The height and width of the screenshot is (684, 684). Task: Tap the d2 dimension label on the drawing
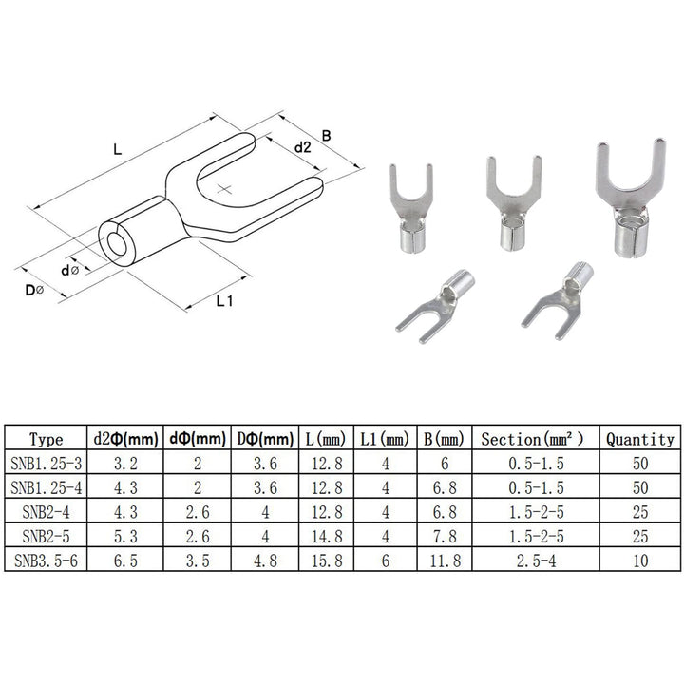pos(302,147)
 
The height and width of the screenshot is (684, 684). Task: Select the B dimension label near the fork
pos(326,136)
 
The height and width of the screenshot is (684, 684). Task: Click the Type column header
pos(46,440)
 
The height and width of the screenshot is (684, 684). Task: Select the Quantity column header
pos(638,440)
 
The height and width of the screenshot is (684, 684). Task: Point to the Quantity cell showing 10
pos(638,561)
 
